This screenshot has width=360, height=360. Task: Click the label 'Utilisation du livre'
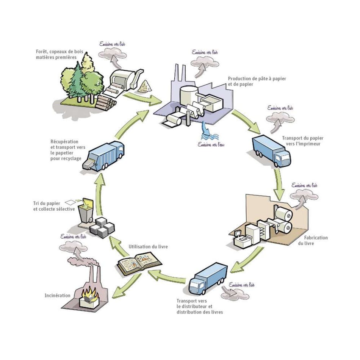coord(148,247)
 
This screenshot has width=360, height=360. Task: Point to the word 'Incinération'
coord(58,296)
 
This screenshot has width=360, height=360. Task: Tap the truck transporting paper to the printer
coord(271,150)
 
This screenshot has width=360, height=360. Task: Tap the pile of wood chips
coord(144,87)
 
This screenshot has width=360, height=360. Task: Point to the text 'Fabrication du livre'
coord(316,241)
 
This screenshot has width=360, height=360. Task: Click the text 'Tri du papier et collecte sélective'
coord(54,206)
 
